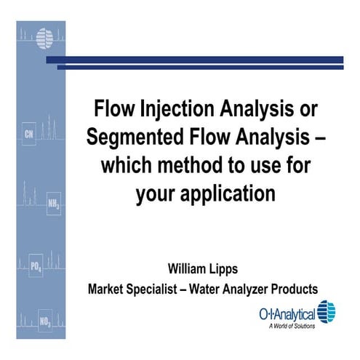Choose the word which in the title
pos(126,165)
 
